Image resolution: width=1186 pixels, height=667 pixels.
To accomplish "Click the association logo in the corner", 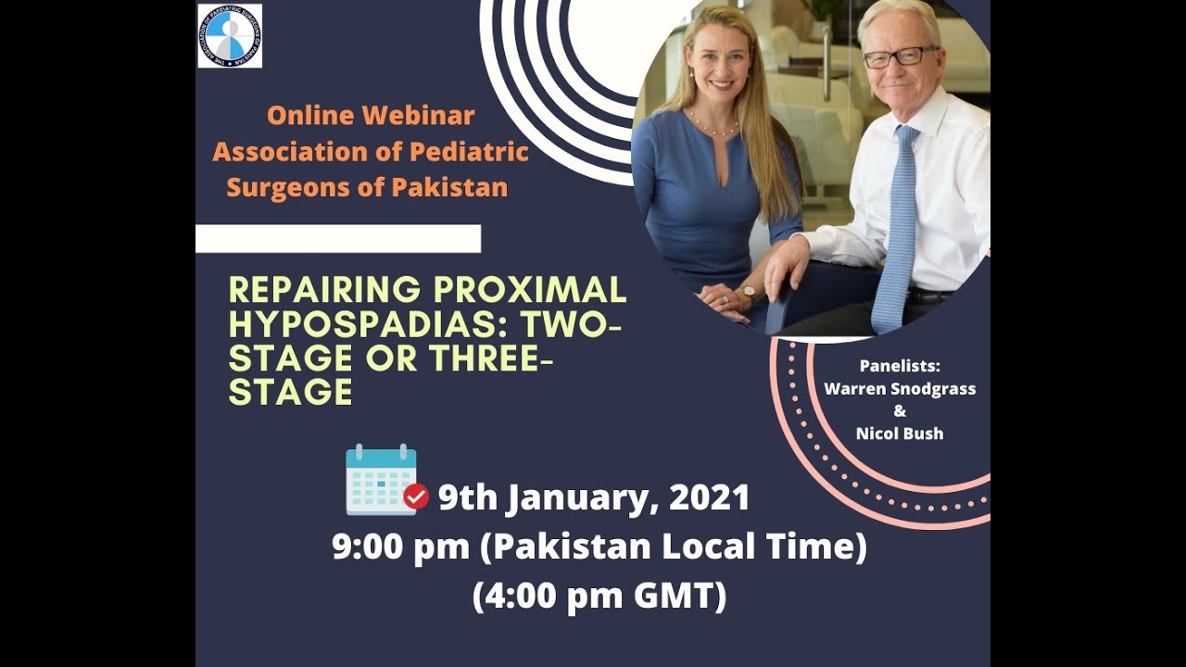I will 230,36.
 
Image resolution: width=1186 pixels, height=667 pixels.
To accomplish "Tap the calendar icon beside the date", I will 381,480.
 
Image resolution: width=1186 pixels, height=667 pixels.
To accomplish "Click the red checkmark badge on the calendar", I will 416,497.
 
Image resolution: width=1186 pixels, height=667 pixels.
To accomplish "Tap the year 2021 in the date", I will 709,498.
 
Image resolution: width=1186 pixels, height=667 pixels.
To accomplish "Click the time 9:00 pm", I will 401,547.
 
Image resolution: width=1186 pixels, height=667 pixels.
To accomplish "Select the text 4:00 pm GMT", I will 599,597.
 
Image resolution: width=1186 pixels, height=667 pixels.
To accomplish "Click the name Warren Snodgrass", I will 900,389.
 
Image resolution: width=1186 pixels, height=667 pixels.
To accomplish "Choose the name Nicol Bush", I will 900,434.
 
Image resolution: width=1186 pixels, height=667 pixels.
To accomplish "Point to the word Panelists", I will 900,366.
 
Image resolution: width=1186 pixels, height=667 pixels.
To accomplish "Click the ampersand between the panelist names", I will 900,411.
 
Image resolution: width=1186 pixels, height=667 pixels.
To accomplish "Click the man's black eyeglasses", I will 899,57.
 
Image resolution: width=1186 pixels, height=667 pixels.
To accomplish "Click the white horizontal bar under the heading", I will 338,238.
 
